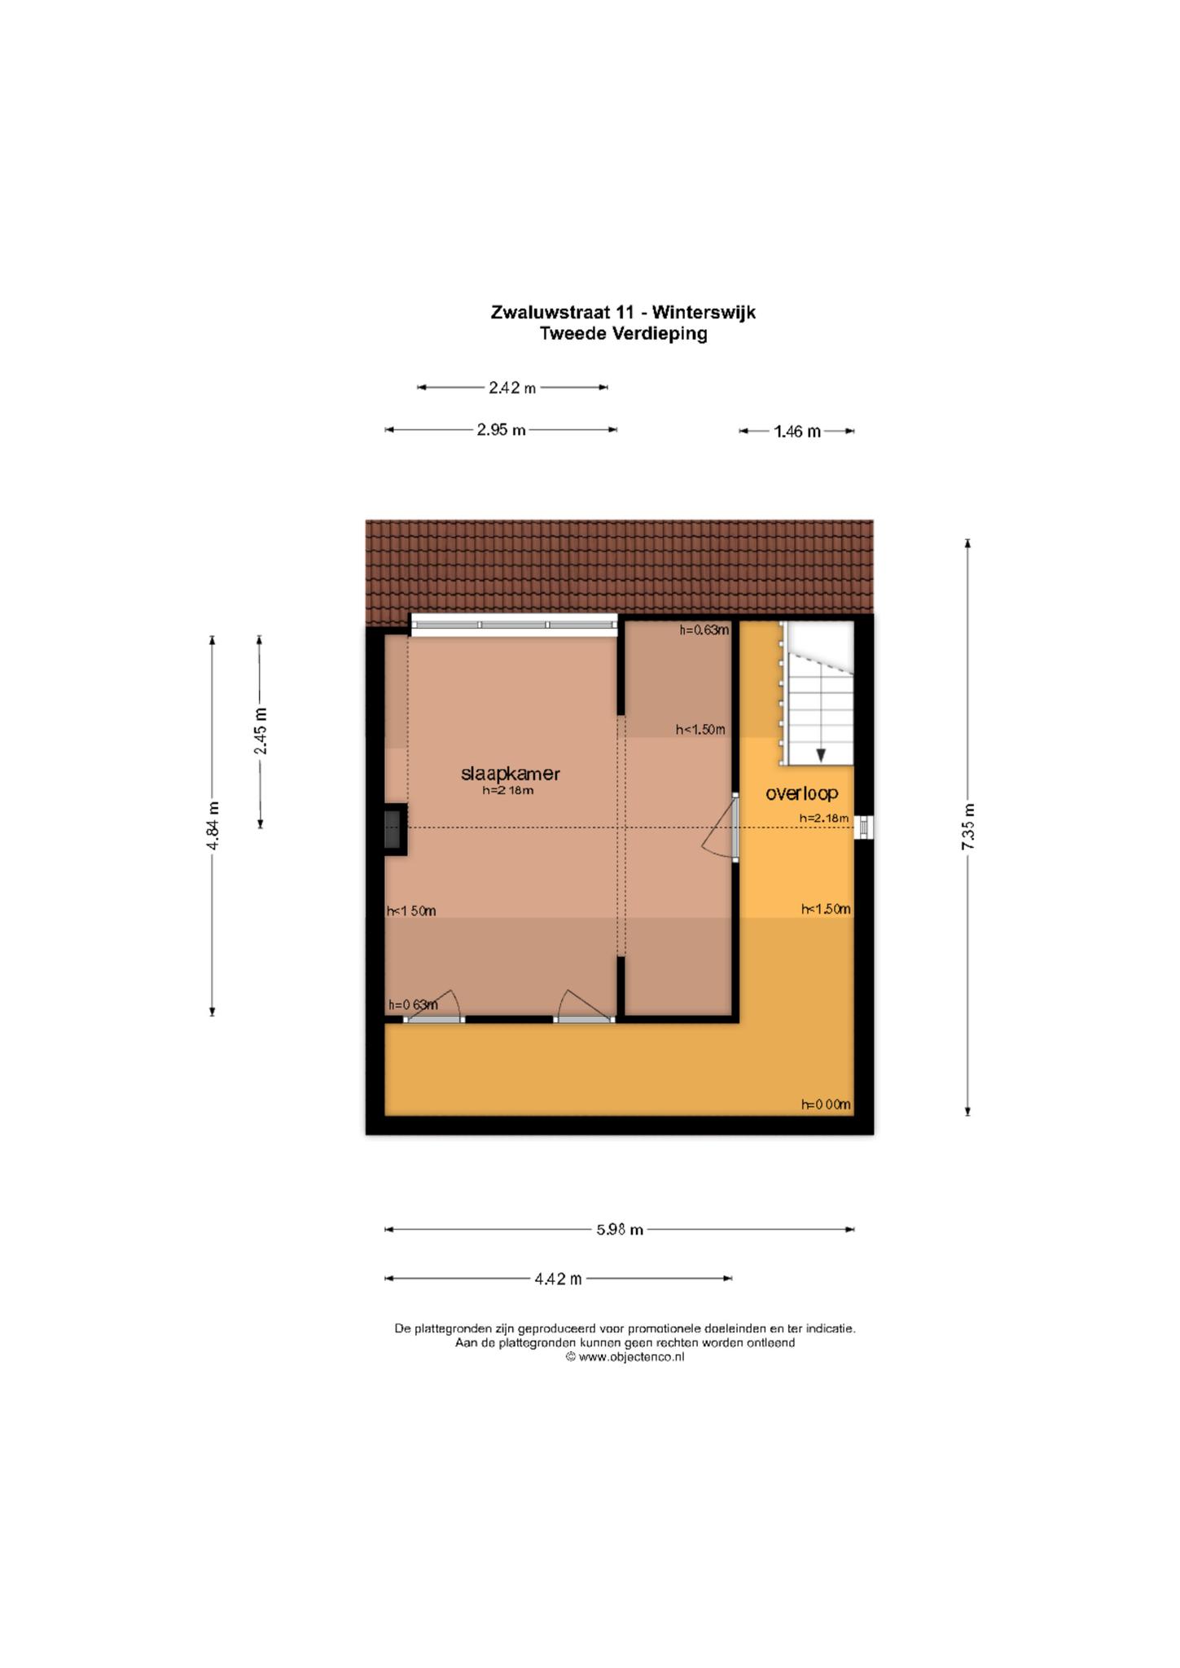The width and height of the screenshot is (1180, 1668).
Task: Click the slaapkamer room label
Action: pyautogui.click(x=511, y=774)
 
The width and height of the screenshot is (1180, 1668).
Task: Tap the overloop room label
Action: pyautogui.click(x=802, y=793)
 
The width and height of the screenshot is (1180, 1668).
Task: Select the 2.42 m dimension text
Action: pyautogui.click(x=512, y=388)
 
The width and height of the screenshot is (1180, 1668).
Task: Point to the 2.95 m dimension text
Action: pyautogui.click(x=501, y=430)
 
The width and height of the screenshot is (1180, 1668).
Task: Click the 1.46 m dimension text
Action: pyautogui.click(x=797, y=432)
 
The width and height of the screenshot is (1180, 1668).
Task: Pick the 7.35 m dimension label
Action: pyautogui.click(x=967, y=827)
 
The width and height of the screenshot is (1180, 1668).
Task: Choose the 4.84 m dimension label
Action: pyautogui.click(x=213, y=826)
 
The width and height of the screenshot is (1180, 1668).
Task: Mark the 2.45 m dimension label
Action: pyautogui.click(x=261, y=731)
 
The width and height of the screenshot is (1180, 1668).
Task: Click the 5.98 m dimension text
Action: pyautogui.click(x=620, y=1230)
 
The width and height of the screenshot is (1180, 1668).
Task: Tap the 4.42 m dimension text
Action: pyautogui.click(x=558, y=1279)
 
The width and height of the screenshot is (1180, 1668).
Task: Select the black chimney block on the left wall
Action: pyautogui.click(x=395, y=830)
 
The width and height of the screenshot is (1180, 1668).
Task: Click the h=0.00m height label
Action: pyautogui.click(x=826, y=1104)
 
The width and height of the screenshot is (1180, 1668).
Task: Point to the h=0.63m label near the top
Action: pyautogui.click(x=704, y=630)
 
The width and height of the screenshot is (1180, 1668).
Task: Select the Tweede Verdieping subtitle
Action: pyautogui.click(x=623, y=333)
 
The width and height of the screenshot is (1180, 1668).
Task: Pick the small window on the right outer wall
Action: pyautogui.click(x=864, y=828)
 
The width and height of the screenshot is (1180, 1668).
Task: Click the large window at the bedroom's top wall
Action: pyautogui.click(x=514, y=625)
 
